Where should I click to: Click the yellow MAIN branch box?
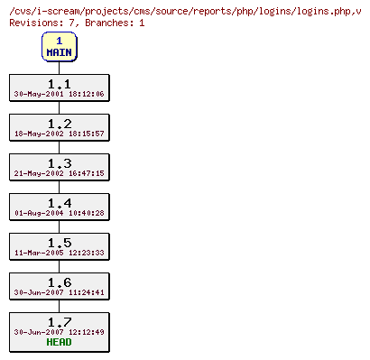(60, 47)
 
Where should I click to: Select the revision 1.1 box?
(60, 88)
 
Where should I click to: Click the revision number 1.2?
(60, 123)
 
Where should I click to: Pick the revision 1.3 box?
(60, 167)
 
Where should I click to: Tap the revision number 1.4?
(60, 202)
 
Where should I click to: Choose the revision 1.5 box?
(60, 246)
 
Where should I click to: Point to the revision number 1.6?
(60, 282)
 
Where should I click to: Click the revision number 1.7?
(60, 321)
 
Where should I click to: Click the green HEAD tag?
(60, 343)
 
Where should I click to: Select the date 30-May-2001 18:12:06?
(60, 94)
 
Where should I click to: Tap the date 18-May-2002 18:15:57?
(60, 134)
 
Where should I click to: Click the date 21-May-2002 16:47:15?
(60, 173)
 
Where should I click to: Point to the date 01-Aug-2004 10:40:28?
(60, 213)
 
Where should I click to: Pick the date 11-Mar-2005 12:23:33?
(60, 253)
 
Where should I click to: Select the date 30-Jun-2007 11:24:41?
(60, 292)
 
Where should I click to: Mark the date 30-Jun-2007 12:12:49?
(60, 332)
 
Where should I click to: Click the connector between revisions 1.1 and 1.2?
(60, 107)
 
